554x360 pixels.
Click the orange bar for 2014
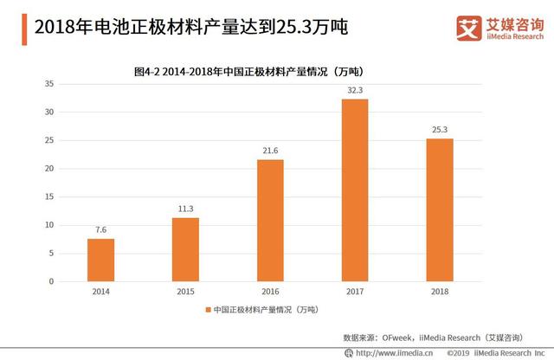click(x=100, y=260)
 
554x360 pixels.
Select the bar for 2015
click(x=185, y=249)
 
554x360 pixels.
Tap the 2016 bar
click(x=269, y=220)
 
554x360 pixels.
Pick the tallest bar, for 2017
click(x=354, y=190)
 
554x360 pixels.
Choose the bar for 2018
click(x=439, y=209)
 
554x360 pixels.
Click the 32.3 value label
click(x=354, y=89)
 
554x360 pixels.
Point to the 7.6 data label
click(x=100, y=229)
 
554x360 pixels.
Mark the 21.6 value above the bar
click(x=269, y=150)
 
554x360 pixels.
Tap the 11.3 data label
click(x=185, y=209)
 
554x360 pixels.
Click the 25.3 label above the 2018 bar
click(x=439, y=129)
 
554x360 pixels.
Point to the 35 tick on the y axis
click(x=49, y=84)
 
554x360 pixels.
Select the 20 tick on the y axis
click(x=49, y=169)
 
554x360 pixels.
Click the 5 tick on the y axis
click(x=52, y=254)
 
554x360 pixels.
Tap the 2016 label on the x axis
click(x=269, y=292)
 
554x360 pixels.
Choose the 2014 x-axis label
click(x=100, y=292)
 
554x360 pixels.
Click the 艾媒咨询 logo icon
click(x=468, y=28)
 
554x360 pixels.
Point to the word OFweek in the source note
click(x=400, y=336)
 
